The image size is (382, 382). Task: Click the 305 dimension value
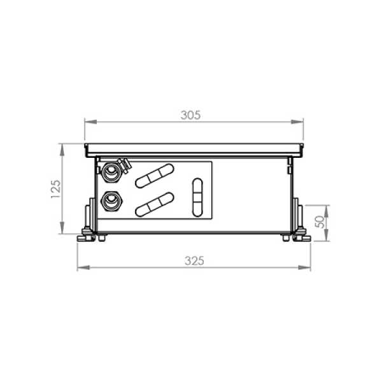190,115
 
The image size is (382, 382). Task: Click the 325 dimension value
194,261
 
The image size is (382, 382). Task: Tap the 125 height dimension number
56,189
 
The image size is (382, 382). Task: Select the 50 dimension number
320,222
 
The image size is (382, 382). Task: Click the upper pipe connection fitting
111,171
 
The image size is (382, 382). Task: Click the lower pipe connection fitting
111,201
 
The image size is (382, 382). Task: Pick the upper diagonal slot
155,176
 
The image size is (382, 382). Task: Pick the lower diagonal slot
155,204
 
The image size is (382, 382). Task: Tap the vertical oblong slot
197,197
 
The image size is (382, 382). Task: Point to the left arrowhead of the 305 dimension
90,122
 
